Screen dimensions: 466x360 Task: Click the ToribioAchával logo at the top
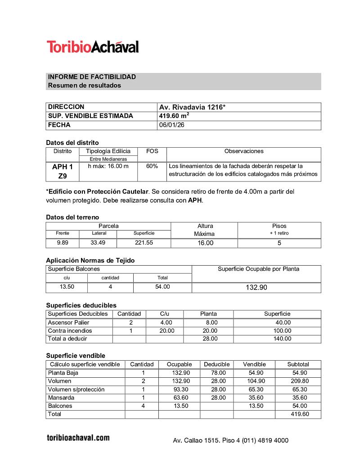pyautogui.click(x=93, y=47)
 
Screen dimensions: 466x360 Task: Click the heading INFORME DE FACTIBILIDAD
pyautogui.click(x=92, y=77)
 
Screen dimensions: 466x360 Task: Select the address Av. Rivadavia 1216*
pyautogui.click(x=192, y=107)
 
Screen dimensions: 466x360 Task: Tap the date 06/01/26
pyautogui.click(x=171, y=125)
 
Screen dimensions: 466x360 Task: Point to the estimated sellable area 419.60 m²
pyautogui.click(x=174, y=116)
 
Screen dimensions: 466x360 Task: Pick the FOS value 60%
pyautogui.click(x=152, y=166)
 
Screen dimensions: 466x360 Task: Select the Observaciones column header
pyautogui.click(x=243, y=151)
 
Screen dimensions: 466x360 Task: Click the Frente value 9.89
pyautogui.click(x=63, y=243)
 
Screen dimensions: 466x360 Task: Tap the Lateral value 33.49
pyautogui.click(x=98, y=243)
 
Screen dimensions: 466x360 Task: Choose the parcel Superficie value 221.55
pyautogui.click(x=144, y=243)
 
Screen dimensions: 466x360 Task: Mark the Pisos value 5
pyautogui.click(x=279, y=243)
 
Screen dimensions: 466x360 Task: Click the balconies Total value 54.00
pyautogui.click(x=162, y=287)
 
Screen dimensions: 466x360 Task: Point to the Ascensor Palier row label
pyautogui.click(x=68, y=322)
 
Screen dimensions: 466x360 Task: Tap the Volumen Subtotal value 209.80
pyautogui.click(x=299, y=381)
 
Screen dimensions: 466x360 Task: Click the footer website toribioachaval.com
pyautogui.click(x=78, y=438)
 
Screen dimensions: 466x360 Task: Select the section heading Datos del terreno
pyautogui.click(x=72, y=217)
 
